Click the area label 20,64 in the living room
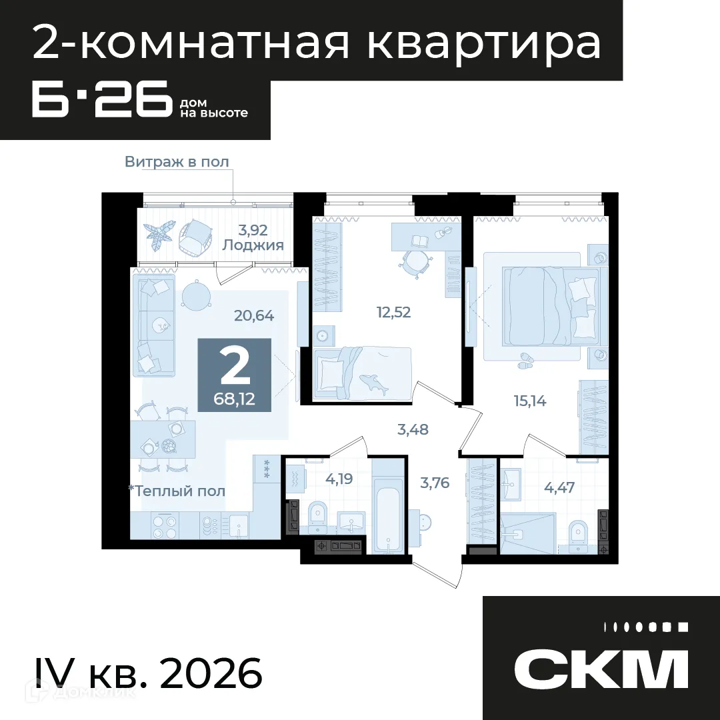click(x=254, y=316)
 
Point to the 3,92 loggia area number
click(x=253, y=230)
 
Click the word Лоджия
click(x=253, y=245)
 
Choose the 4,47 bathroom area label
click(x=559, y=487)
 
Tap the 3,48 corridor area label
click(x=413, y=429)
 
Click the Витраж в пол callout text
click(x=177, y=161)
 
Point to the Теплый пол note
click(x=177, y=491)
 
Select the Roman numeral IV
click(x=51, y=673)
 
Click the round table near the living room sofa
click(x=195, y=295)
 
